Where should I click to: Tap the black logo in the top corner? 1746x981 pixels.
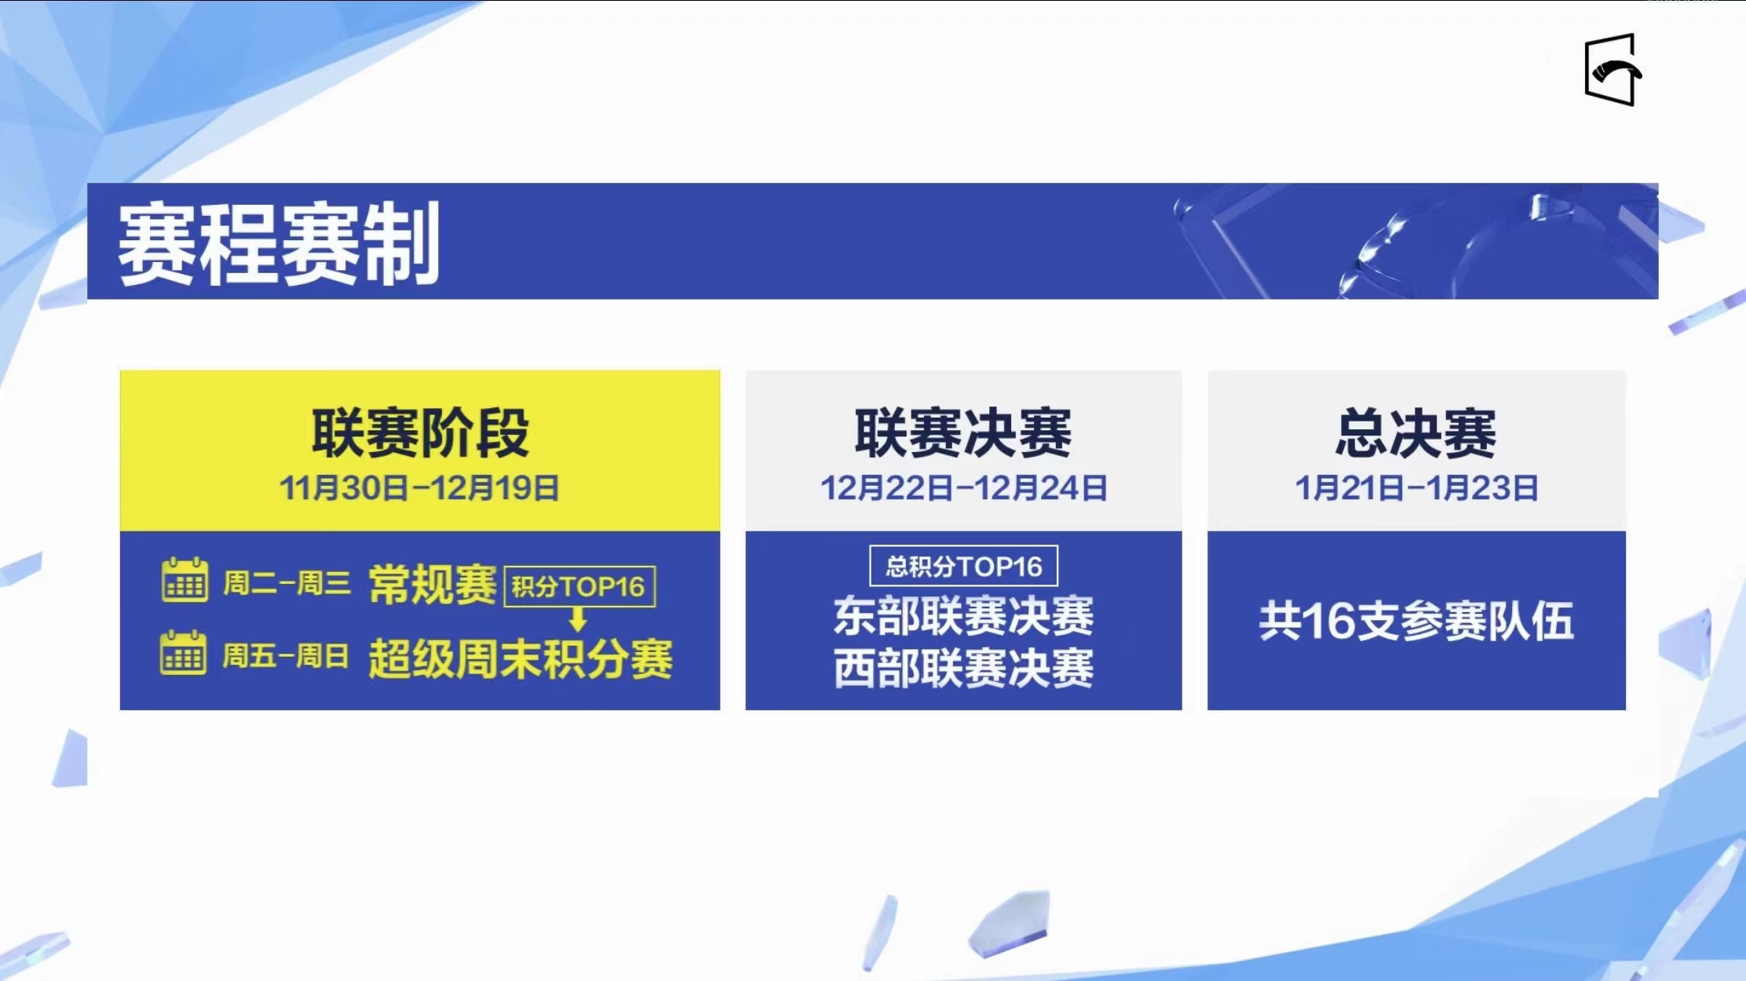[1613, 70]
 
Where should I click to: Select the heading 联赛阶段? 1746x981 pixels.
[420, 432]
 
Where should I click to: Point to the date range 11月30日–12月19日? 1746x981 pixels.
[419, 488]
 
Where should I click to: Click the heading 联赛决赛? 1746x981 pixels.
[963, 432]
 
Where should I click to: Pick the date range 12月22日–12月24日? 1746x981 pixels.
[963, 488]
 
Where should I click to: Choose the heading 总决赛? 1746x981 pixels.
[1416, 432]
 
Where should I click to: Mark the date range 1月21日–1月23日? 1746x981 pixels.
[1416, 488]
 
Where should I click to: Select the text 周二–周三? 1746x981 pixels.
[287, 583]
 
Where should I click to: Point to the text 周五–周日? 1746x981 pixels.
[286, 655]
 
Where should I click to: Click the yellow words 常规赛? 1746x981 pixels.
[433, 585]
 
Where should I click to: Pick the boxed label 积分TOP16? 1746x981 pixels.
[579, 586]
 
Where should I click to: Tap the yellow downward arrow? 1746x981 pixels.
[578, 619]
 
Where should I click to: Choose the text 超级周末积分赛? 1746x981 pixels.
[521, 658]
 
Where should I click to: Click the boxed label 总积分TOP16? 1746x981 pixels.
[963, 566]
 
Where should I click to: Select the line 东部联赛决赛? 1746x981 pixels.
[963, 616]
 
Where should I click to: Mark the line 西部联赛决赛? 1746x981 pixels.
[963, 669]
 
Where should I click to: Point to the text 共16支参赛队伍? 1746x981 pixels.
[1416, 621]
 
